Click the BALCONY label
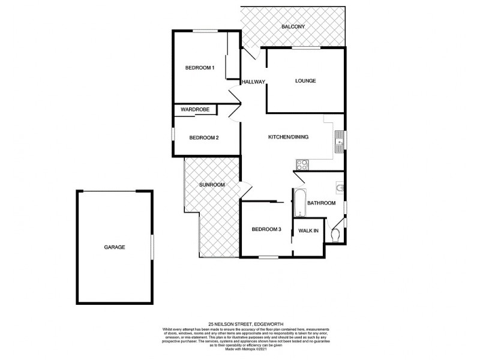click(293, 27)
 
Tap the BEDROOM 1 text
click(199, 68)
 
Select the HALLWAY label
click(253, 82)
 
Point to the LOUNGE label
click(305, 81)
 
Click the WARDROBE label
click(195, 110)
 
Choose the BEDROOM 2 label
click(203, 137)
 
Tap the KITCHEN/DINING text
click(288, 137)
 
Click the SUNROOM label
click(212, 185)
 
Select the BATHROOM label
click(321, 203)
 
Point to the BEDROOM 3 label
click(266, 229)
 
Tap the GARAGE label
click(114, 247)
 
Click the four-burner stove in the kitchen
click(302, 163)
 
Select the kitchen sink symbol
click(340, 140)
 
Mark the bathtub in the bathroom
click(299, 203)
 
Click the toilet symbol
click(337, 235)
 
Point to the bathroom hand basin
click(341, 189)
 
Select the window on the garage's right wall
click(152, 247)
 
